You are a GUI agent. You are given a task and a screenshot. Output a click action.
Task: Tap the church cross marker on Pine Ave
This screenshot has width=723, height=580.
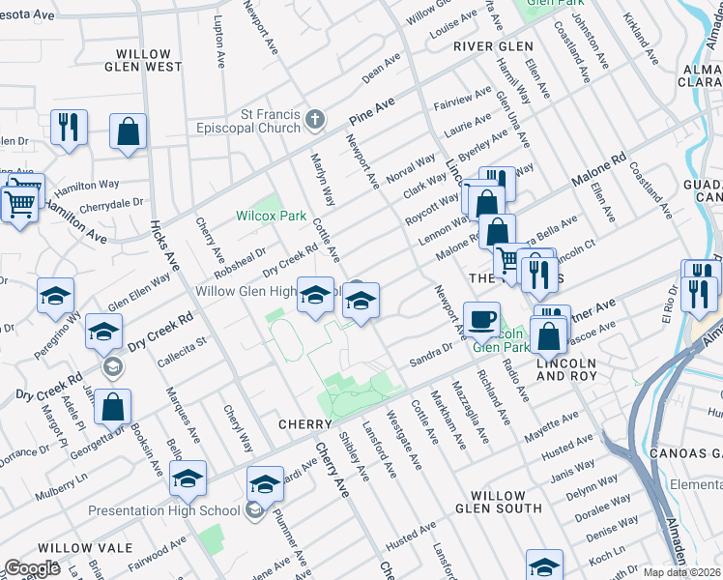[313, 121]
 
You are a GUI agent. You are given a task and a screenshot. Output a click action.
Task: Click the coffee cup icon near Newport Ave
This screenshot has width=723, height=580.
[480, 318]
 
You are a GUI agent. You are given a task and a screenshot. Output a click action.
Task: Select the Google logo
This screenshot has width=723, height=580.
[32, 568]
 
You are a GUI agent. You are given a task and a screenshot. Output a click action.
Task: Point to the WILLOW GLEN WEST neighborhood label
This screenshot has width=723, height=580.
[149, 61]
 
